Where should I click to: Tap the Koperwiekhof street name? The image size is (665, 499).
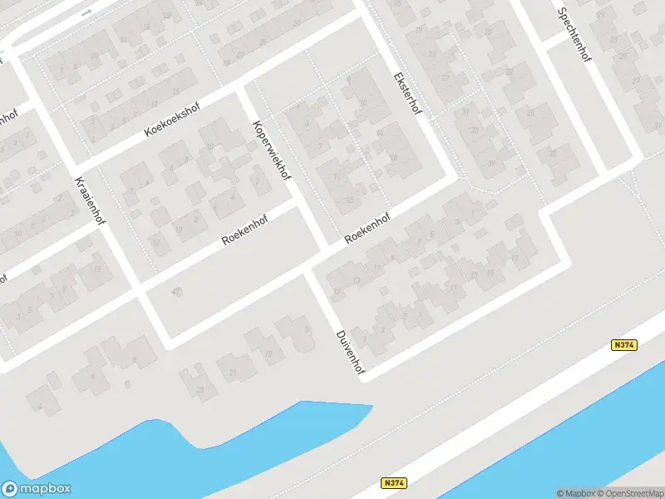click(x=272, y=151)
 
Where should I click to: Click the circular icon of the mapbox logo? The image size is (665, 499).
click(x=11, y=489)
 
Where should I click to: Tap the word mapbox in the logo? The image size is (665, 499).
click(x=46, y=489)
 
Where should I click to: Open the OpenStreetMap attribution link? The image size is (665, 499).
click(x=629, y=493)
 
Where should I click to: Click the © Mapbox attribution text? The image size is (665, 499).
click(x=575, y=493)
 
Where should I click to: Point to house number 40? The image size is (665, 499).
click(x=175, y=291)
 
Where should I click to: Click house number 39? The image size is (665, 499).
click(x=491, y=163)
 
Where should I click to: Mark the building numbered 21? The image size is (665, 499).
click(x=234, y=372)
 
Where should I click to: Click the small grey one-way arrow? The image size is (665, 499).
click(x=86, y=12)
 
